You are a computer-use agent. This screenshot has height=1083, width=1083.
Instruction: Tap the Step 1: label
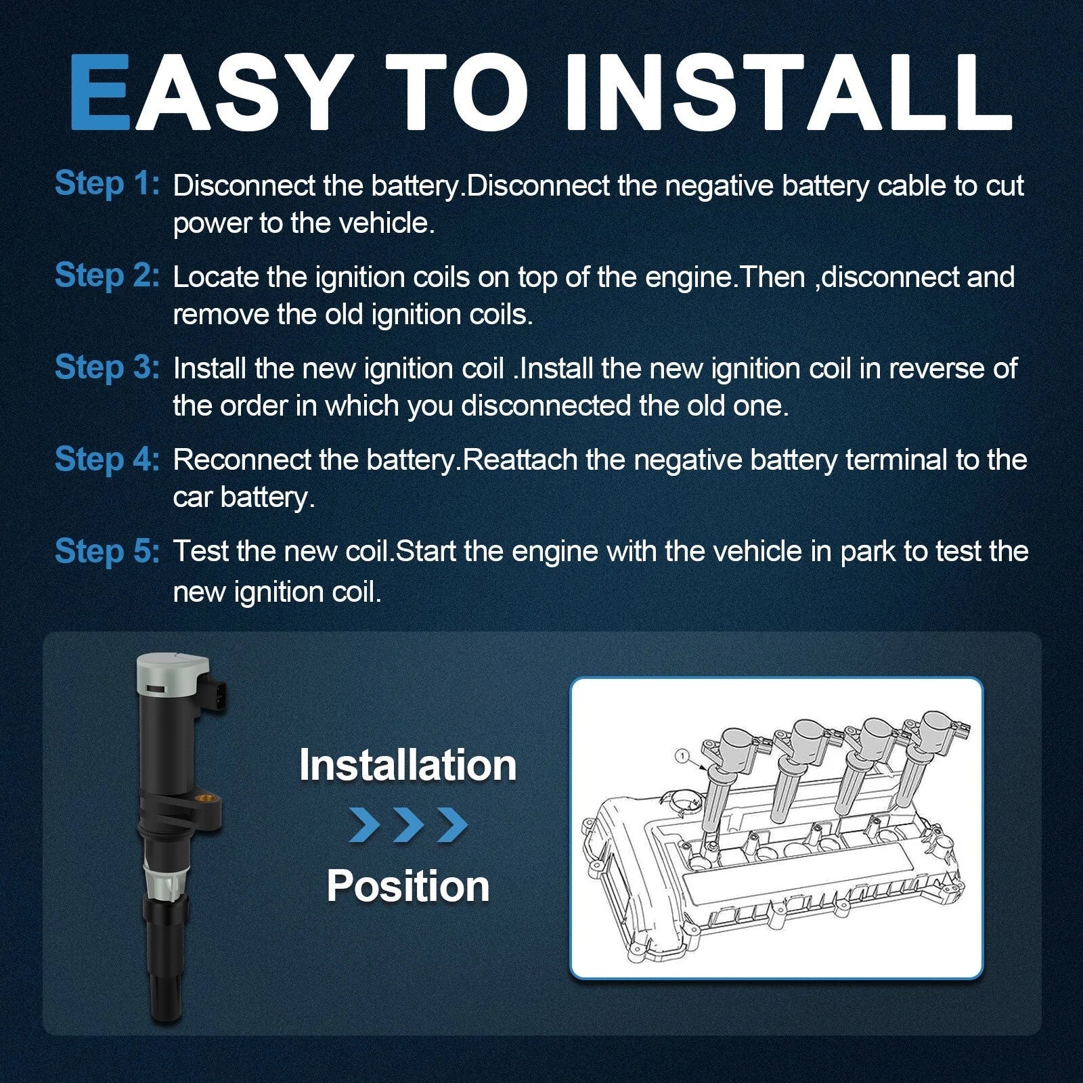coord(107,184)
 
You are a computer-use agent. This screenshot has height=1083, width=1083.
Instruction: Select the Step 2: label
coord(107,275)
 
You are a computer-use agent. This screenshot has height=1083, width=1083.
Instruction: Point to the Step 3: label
coord(107,368)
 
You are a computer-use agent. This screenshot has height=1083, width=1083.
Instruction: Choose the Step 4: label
coord(107,459)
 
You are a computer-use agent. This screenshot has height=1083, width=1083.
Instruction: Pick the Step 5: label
coord(107,551)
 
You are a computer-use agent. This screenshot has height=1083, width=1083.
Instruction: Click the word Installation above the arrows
coord(408,765)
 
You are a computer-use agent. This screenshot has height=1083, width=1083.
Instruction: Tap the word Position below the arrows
coord(408,886)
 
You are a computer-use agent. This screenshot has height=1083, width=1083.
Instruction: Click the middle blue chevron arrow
coord(409,825)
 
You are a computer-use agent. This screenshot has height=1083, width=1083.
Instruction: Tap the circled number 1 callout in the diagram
coord(683,755)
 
